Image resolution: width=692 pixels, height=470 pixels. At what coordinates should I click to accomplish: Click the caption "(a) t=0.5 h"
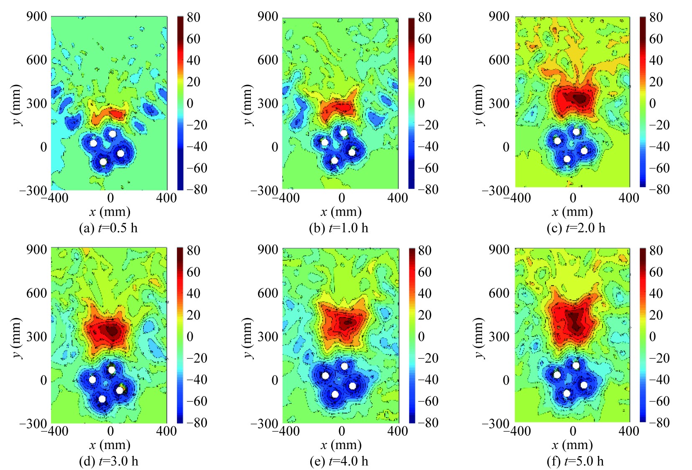[108, 228]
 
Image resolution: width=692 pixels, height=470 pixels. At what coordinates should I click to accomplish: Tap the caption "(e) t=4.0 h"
[339, 461]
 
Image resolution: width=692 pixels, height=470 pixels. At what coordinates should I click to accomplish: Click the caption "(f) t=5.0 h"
[575, 461]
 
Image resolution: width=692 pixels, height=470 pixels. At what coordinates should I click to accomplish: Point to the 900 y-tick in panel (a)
[36, 17]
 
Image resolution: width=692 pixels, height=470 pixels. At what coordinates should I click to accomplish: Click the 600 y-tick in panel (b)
[268, 60]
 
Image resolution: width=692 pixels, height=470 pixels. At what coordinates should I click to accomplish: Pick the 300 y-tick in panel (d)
[36, 336]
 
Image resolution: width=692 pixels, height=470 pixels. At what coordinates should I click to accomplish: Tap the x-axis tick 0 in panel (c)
[573, 198]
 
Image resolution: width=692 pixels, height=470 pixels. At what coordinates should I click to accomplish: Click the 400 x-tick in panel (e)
[397, 431]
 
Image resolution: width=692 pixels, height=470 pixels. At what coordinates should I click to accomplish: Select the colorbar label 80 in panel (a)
[194, 18]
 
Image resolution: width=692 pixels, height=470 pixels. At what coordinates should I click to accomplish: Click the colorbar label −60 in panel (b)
[424, 168]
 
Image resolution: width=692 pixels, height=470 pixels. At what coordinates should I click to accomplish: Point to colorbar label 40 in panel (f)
[656, 293]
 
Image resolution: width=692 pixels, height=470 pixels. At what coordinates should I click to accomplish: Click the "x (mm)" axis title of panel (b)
[341, 212]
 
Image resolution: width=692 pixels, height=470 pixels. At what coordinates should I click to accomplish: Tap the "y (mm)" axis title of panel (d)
[16, 337]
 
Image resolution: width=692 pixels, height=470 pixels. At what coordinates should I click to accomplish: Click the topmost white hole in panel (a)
[112, 134]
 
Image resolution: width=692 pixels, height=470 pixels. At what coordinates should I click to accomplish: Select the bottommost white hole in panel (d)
[102, 399]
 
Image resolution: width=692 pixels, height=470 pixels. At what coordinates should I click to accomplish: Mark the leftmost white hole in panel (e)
[325, 376]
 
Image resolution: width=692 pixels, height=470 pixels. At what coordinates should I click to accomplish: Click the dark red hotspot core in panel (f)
[576, 322]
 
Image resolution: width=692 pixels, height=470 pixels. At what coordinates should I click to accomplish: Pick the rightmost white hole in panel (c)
[584, 151]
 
